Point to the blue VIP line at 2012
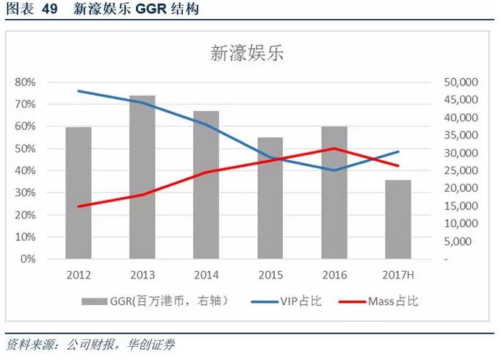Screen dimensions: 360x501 pos(79,91)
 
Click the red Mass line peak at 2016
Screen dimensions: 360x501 pos(334,148)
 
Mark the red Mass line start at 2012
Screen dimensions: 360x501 pos(79,206)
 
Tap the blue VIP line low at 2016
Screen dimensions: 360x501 pos(334,170)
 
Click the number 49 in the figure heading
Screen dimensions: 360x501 pos(49,10)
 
